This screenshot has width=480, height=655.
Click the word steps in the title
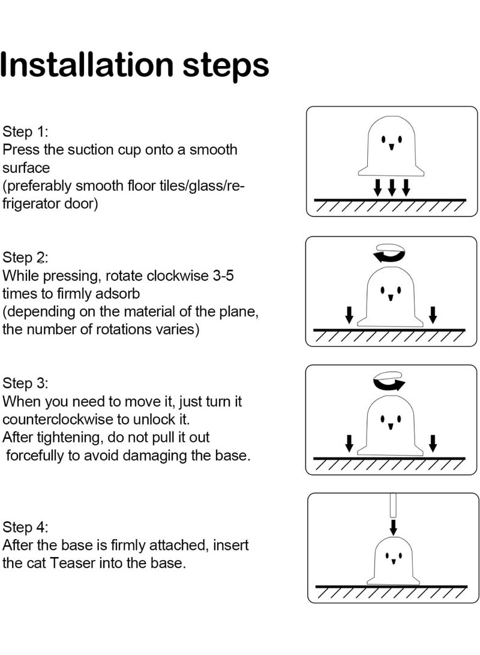[226, 67]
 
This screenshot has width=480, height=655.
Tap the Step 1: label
[25, 131]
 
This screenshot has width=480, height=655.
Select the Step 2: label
[25, 258]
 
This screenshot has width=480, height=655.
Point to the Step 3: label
[25, 383]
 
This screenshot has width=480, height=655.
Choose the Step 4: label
[25, 527]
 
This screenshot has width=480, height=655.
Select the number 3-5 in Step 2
[223, 276]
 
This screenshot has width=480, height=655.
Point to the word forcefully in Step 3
[35, 455]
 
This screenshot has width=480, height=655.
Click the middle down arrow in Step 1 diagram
[392, 187]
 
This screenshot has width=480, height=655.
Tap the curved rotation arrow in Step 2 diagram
[389, 253]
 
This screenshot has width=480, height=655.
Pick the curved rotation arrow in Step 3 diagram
[389, 381]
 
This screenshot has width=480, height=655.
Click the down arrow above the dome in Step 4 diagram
[393, 527]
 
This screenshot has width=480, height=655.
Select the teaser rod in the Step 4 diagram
[393, 506]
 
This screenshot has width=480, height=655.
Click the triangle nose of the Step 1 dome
[392, 147]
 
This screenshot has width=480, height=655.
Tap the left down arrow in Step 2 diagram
[349, 315]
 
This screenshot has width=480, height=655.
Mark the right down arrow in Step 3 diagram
[433, 443]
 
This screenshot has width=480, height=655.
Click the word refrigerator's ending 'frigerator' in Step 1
[50, 204]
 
